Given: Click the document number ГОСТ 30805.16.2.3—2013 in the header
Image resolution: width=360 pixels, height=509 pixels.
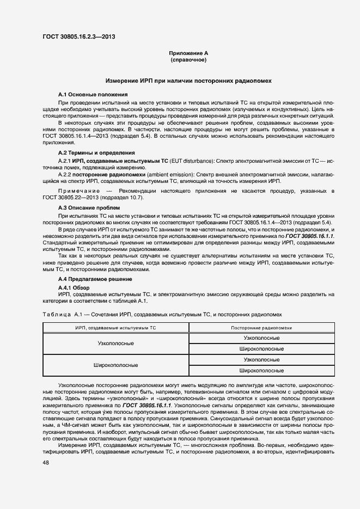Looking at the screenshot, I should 78,37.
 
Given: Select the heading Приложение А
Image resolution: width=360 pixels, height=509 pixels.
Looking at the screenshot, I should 188,53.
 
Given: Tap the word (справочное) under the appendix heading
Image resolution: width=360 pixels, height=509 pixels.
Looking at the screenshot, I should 188,60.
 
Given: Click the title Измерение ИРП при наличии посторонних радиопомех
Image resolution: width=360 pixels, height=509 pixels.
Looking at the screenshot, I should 188,81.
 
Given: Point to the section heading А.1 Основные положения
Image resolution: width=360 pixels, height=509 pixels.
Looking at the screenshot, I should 93,95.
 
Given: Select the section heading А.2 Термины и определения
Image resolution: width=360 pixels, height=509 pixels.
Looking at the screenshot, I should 96,153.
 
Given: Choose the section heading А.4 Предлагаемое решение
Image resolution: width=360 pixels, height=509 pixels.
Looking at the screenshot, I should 95,279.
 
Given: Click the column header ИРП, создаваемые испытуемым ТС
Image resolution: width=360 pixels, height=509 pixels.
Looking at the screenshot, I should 115,328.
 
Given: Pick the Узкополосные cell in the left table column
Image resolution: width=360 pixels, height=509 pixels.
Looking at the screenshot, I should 115,344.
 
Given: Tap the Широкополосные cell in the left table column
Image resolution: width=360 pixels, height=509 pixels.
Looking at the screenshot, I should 115,365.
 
